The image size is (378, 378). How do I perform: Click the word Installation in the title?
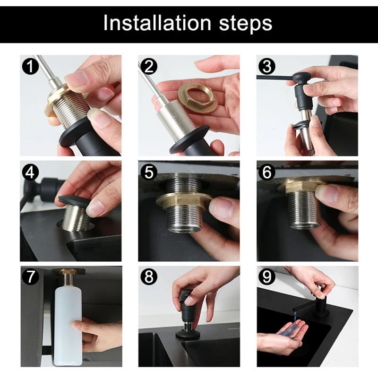(157, 23)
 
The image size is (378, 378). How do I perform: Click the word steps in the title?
(246, 25)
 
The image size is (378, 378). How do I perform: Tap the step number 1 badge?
(30, 66)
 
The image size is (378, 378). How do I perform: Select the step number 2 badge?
(149, 66)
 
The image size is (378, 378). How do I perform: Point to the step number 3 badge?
(267, 66)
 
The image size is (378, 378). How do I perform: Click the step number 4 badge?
(30, 172)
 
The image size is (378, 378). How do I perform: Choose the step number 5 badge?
(149, 172)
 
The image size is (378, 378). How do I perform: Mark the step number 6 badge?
(267, 172)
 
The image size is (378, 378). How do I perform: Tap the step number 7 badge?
(30, 277)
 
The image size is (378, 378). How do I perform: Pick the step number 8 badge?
(149, 277)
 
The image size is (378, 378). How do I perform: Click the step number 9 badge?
(267, 277)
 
